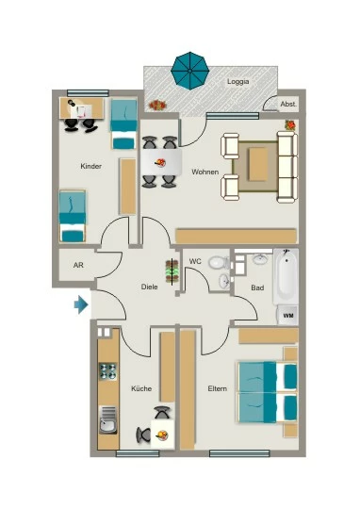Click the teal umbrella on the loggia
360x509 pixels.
click(x=190, y=71)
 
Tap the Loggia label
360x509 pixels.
click(x=237, y=81)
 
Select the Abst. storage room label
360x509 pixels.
click(x=288, y=105)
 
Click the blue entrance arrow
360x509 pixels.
click(x=81, y=304)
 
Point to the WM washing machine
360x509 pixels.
click(x=287, y=315)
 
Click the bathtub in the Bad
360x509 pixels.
click(x=286, y=276)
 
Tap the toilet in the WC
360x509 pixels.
click(x=220, y=262)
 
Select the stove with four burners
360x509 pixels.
click(x=107, y=371)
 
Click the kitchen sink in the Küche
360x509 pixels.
click(x=107, y=419)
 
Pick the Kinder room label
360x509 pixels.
click(x=90, y=166)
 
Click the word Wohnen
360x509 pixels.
click(x=205, y=172)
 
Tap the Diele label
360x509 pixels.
click(x=149, y=287)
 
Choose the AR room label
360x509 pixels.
click(x=78, y=265)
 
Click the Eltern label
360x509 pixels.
click(x=217, y=388)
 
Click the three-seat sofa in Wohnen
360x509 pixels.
click(x=286, y=167)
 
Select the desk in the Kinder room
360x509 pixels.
click(x=82, y=108)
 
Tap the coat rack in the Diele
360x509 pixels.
click(x=172, y=271)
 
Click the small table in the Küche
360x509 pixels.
click(x=162, y=435)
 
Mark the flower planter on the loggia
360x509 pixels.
click(x=157, y=106)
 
